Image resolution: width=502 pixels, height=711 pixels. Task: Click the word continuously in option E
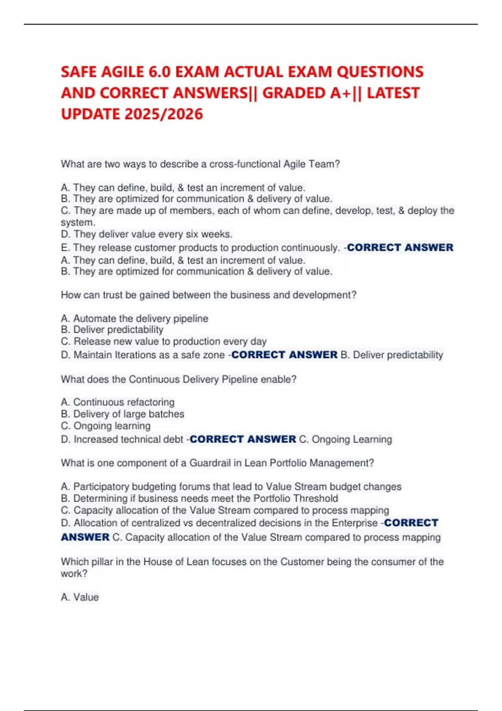(310, 248)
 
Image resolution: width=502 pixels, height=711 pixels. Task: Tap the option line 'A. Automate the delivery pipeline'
(134, 318)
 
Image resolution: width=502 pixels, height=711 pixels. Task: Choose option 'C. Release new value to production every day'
(164, 341)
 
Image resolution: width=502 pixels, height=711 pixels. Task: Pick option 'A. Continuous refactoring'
(118, 402)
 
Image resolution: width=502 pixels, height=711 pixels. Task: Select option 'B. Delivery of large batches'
(123, 414)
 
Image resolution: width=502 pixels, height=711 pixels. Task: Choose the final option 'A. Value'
(80, 597)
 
